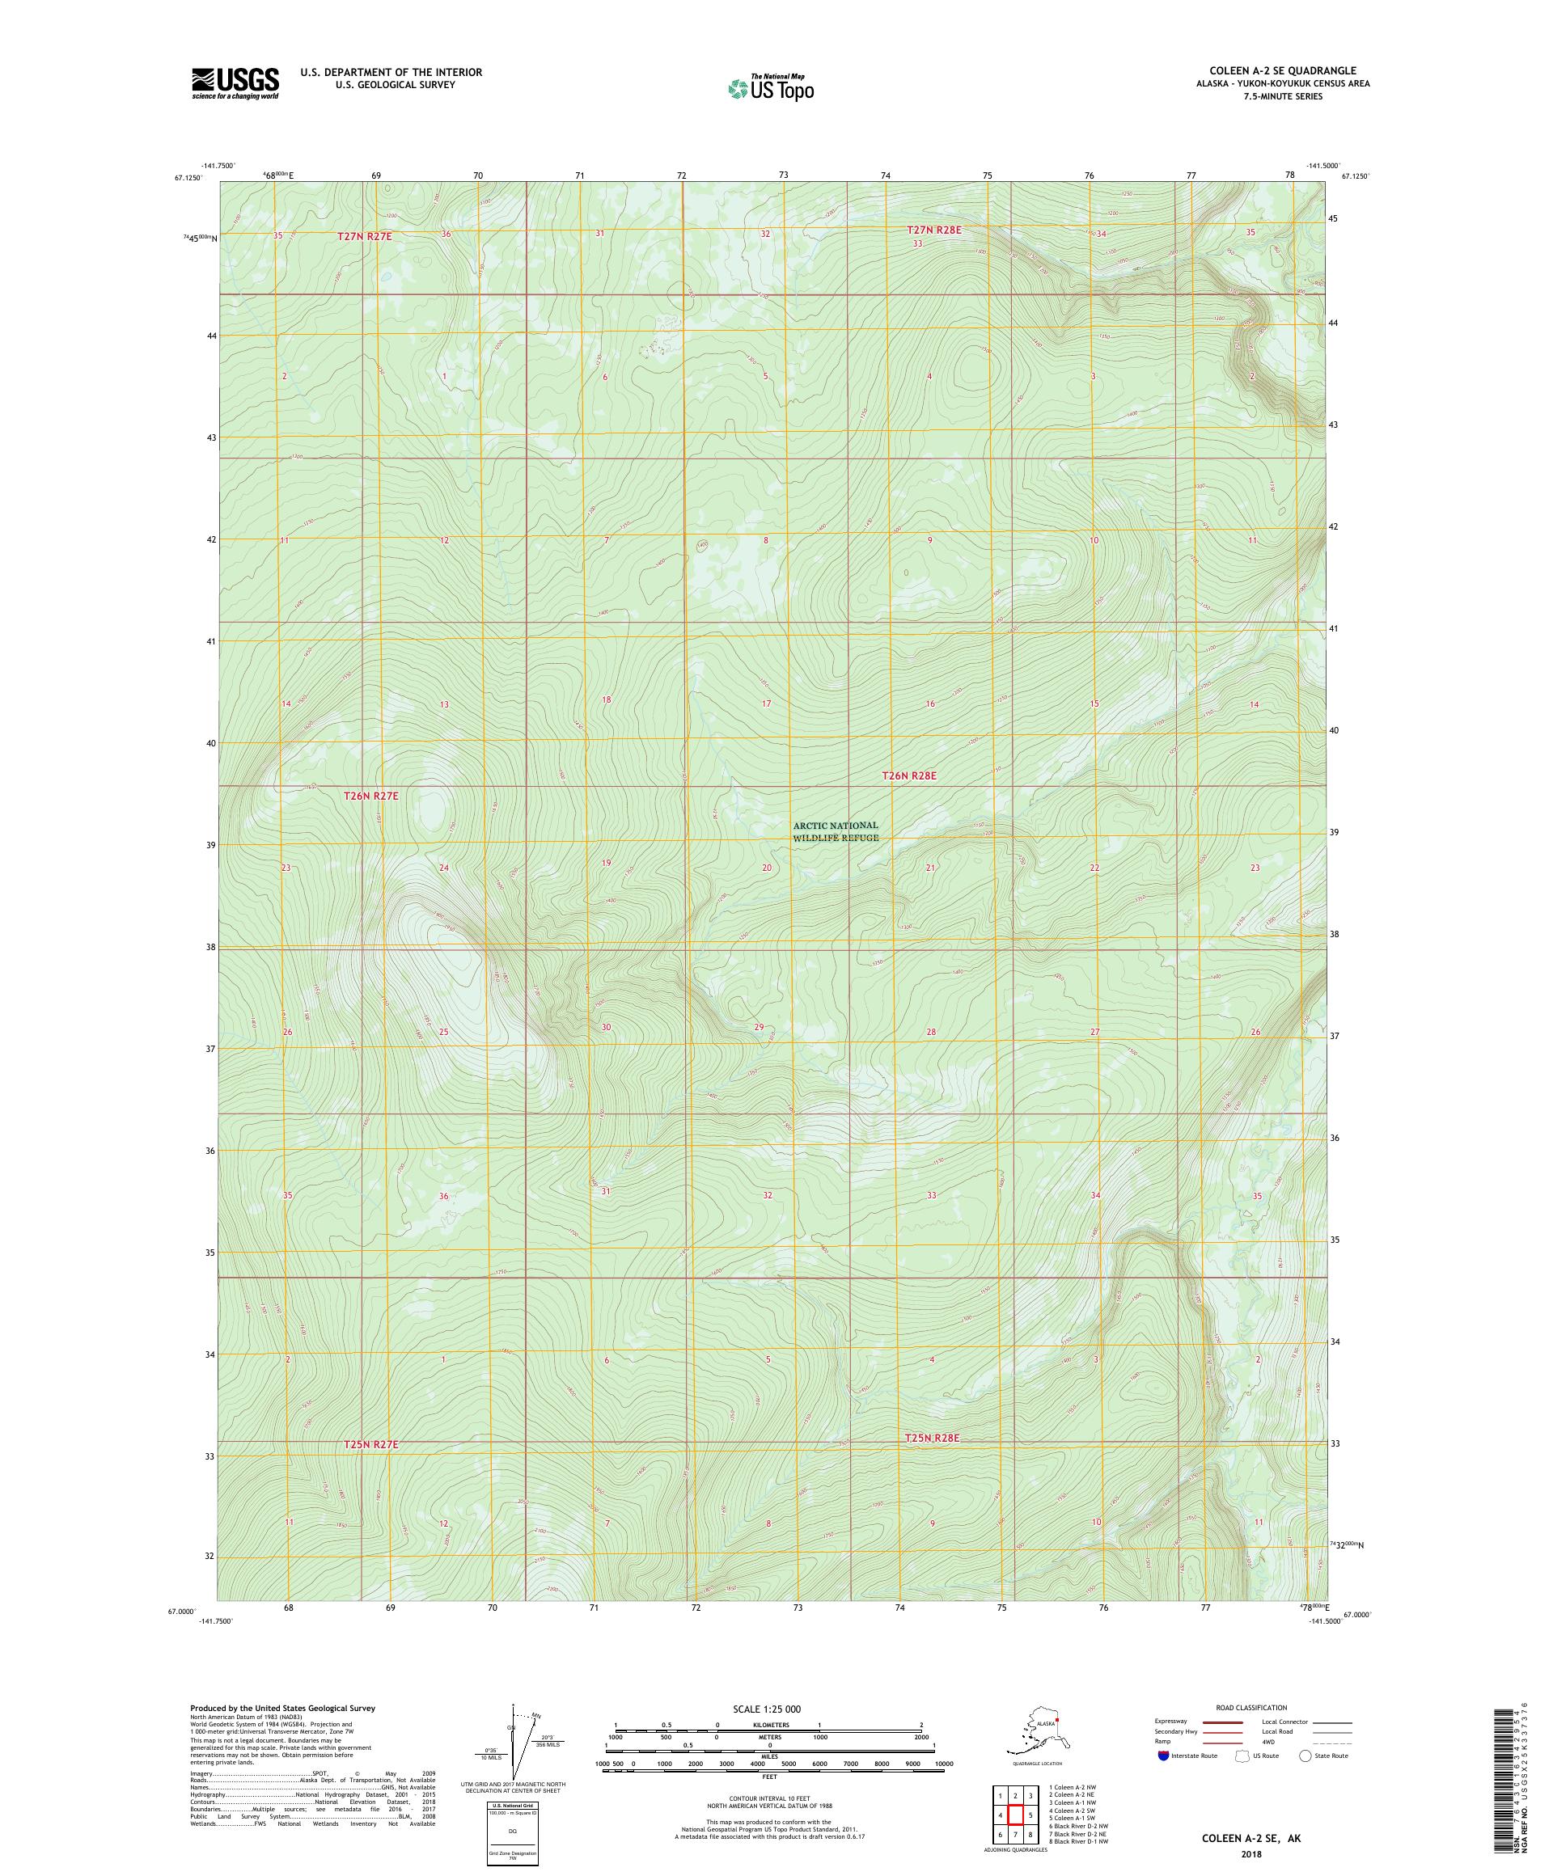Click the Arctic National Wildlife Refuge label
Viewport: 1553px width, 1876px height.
836,830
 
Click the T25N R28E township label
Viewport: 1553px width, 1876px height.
932,1464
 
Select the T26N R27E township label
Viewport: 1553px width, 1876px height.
370,794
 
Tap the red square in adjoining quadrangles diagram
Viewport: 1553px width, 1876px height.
1015,1815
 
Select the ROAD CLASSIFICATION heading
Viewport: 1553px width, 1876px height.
1256,1707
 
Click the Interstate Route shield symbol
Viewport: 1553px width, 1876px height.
1162,1756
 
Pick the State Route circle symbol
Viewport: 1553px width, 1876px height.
1305,1756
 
